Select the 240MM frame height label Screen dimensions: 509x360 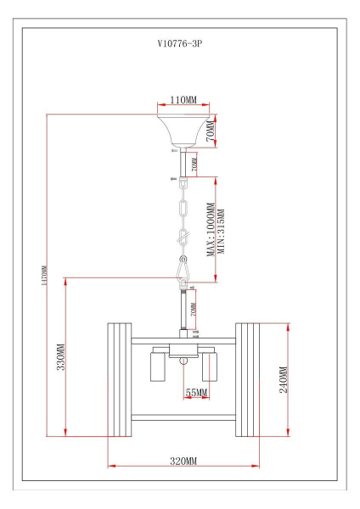(x=284, y=380)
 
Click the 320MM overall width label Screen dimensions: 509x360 (x=183, y=461)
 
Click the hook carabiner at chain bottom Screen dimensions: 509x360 (x=183, y=270)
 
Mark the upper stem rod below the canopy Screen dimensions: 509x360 (x=183, y=162)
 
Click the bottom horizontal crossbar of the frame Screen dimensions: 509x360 (x=183, y=415)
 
